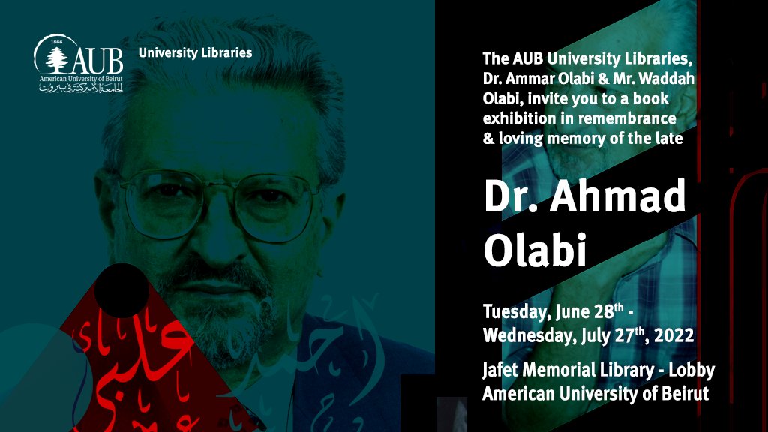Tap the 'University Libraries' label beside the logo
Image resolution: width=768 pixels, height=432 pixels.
pos(195,53)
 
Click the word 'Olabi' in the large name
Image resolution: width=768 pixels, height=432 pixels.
pos(534,250)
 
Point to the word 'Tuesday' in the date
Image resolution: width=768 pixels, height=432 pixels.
pos(514,313)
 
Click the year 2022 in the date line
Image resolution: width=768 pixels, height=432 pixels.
pos(674,336)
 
